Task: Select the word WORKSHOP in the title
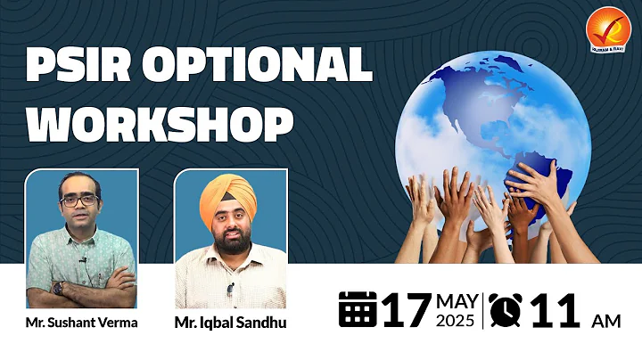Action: pyautogui.click(x=160, y=124)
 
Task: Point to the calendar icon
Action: pyautogui.click(x=358, y=309)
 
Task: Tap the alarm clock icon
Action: pyautogui.click(x=506, y=309)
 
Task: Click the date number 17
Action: pyautogui.click(x=407, y=310)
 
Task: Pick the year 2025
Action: pyautogui.click(x=458, y=321)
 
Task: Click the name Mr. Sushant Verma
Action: pyautogui.click(x=81, y=323)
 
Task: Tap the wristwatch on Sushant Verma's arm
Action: pyautogui.click(x=59, y=287)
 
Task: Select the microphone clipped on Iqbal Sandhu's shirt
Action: pyautogui.click(x=230, y=289)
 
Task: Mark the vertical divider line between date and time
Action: pyautogui.click(x=484, y=310)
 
